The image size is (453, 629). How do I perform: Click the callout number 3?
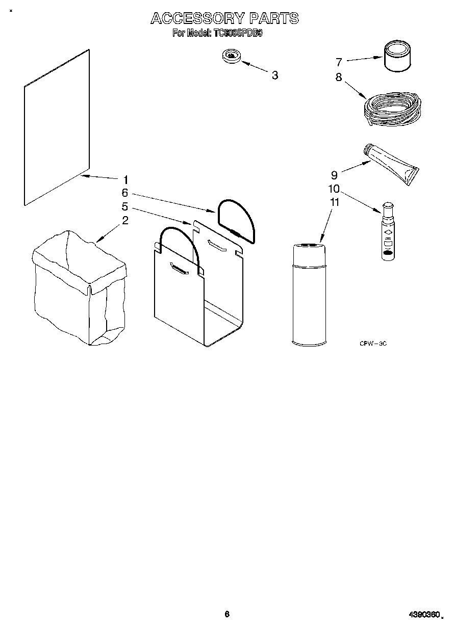pos(275,75)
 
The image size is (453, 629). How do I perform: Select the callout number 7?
pos(339,62)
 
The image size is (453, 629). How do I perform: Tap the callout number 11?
pos(335,202)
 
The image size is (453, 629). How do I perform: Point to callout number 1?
pos(125,179)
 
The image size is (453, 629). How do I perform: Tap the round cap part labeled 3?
pos(232,56)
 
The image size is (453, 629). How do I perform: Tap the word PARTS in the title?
pos(273,19)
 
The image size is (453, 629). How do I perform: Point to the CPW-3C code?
pos(373,344)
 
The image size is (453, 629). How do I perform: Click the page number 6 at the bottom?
pos(227,614)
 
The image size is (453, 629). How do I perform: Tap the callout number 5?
pos(124,207)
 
